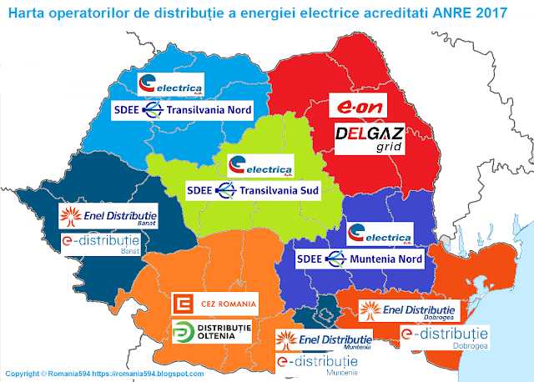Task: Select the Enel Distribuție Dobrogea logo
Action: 406,311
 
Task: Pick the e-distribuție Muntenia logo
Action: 318,364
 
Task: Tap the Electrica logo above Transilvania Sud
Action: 261,164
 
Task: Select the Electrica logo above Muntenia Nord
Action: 380,232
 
